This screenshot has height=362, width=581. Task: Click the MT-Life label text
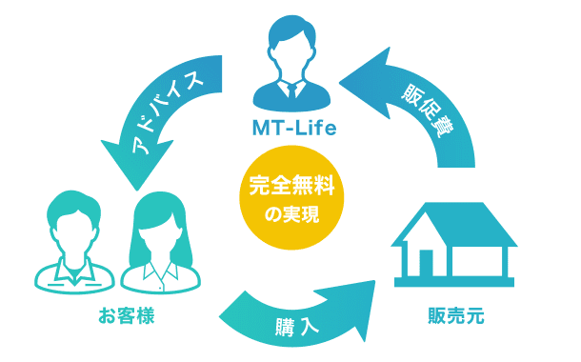coord(291,127)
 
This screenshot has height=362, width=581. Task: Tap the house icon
coord(454,243)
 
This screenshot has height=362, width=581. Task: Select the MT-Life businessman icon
coord(291,67)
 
